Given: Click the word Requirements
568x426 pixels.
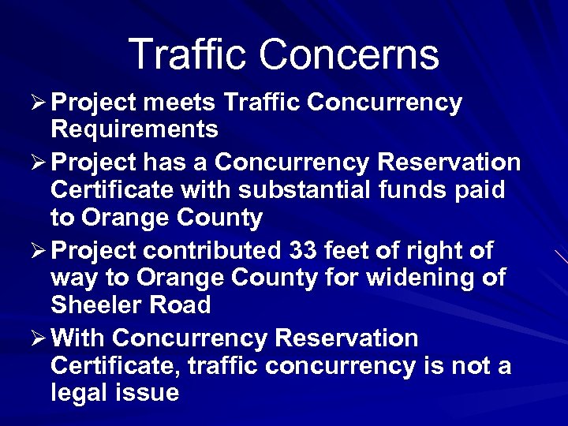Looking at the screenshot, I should tap(134, 128).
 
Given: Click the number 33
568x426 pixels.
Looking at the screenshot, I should tap(305, 251).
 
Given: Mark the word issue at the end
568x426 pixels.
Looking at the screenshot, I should tap(149, 393).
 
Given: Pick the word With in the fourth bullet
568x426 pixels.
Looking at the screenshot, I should tap(80, 338).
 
